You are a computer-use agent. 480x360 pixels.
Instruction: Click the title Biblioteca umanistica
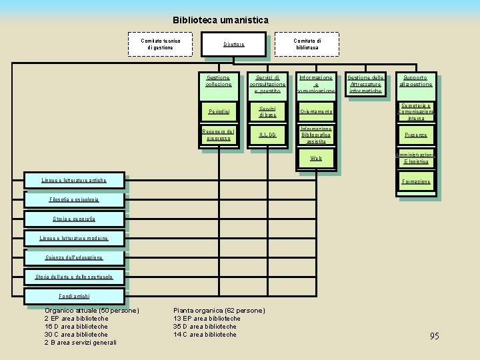(x=221, y=21)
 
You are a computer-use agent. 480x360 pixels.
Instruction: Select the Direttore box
(x=233, y=44)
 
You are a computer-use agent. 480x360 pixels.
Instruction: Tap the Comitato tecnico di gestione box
(x=160, y=44)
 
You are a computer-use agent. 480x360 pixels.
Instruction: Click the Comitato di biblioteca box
(x=307, y=44)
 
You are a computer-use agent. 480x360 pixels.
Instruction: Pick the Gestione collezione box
(x=219, y=82)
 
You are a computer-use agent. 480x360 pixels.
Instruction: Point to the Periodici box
(x=219, y=111)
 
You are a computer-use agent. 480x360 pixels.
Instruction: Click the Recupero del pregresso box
(x=219, y=135)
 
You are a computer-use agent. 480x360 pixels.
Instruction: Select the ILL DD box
(x=267, y=135)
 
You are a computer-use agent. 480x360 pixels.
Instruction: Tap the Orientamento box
(x=316, y=111)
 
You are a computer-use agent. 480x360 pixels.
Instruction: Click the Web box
(x=316, y=159)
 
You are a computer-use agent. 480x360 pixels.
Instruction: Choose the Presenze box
(x=416, y=135)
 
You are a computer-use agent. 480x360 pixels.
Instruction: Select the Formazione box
(x=416, y=181)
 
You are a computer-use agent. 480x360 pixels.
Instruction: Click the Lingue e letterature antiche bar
(x=73, y=180)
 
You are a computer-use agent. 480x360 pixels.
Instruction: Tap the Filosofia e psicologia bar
(x=73, y=199)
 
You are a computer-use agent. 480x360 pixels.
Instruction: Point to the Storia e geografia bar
(x=73, y=219)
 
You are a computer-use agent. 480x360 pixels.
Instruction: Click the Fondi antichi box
(x=73, y=296)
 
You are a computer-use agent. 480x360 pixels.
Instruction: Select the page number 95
(x=434, y=336)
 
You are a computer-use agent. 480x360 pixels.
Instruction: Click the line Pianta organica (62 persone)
(x=219, y=311)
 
